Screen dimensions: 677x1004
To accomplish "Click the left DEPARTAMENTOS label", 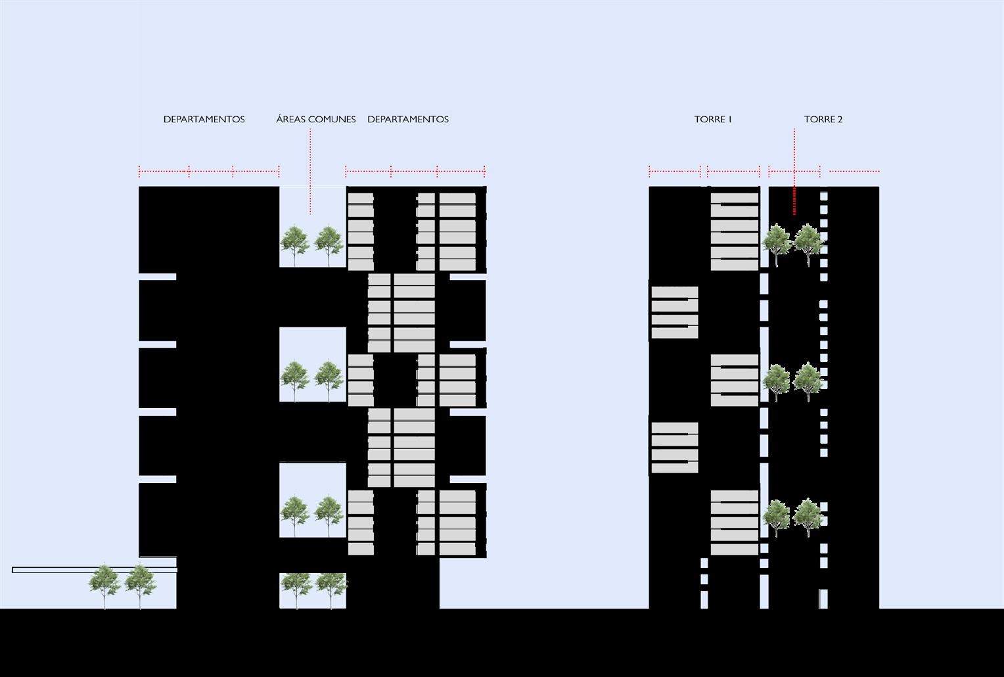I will tap(204, 120).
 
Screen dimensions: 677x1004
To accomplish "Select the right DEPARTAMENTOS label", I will tap(407, 120).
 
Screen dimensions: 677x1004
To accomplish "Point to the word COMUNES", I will tap(331, 120).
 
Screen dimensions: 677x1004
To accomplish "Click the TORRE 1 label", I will tap(712, 120).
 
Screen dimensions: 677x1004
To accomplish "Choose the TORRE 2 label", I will tap(823, 120).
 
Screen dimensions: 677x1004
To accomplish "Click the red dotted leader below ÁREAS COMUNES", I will tap(310, 171).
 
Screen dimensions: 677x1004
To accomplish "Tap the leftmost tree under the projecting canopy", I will tap(104, 583).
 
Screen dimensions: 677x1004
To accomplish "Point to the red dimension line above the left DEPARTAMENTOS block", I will tap(209, 172).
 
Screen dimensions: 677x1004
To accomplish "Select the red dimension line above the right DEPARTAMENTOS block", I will tap(415, 172).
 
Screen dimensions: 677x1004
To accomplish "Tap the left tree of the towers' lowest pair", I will tap(777, 517).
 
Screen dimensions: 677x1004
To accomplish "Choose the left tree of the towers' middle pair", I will tap(777, 380).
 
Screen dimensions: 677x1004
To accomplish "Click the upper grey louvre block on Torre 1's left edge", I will tap(674, 312).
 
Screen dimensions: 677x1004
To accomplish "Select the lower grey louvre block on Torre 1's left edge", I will tap(674, 448).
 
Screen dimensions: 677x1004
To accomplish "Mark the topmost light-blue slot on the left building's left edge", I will tap(158, 277).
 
